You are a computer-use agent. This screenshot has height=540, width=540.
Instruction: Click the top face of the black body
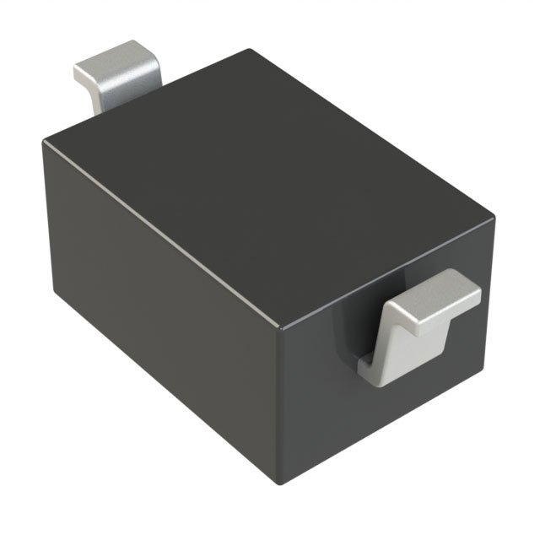[270, 169]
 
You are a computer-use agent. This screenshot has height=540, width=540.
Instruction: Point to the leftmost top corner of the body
[44, 142]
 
